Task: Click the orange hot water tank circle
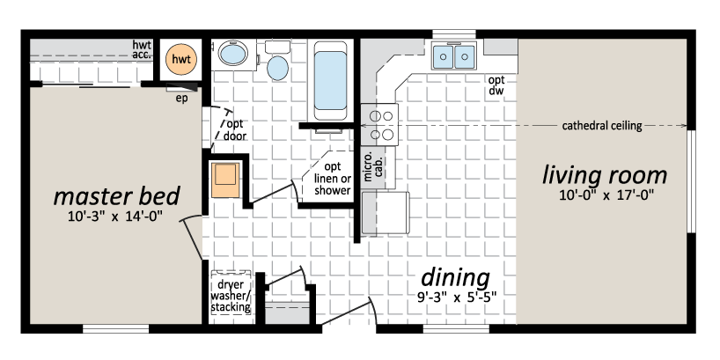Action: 181,59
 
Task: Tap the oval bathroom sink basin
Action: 233,55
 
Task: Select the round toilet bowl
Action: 278,68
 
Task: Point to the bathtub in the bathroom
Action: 330,80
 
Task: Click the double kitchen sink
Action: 453,55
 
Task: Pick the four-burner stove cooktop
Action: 379,124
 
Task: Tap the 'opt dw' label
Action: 496,85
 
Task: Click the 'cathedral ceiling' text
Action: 602,125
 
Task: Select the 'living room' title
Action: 605,175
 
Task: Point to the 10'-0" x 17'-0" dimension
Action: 606,195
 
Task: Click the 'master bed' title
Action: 117,196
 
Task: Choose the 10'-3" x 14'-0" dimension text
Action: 115,217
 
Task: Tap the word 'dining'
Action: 455,278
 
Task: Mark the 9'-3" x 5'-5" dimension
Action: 454,298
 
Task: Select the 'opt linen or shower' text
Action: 333,178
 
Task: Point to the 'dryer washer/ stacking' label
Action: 231,296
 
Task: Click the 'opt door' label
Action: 235,130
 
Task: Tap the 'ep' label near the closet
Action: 182,99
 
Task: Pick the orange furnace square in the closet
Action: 225,180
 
